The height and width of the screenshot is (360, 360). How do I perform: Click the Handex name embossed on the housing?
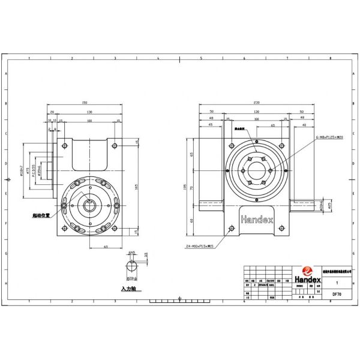point(257,220)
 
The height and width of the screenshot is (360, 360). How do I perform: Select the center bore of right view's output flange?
point(257,172)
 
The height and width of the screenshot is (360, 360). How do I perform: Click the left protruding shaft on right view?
point(210,206)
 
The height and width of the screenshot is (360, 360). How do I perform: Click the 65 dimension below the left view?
point(106,246)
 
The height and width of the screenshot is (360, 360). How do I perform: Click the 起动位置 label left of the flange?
point(41,213)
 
